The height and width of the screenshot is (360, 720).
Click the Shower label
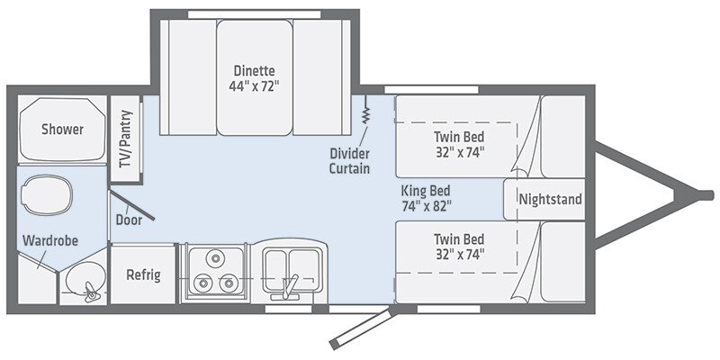click(62, 130)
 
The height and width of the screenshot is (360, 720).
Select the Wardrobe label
click(51, 241)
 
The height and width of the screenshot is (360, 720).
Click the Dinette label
click(254, 71)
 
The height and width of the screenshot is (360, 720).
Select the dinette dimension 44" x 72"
click(254, 86)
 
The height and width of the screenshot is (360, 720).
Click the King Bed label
click(426, 191)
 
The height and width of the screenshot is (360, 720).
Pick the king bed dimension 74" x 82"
click(426, 205)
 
